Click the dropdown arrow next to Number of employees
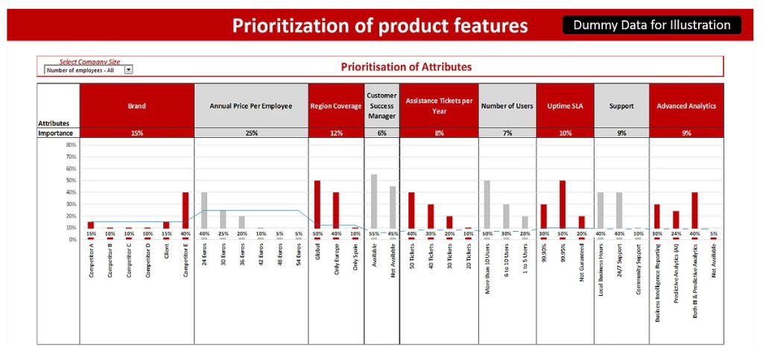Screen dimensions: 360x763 128,70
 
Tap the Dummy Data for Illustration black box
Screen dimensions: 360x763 652,25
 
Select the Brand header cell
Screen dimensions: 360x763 137,106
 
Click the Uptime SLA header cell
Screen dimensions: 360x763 565,106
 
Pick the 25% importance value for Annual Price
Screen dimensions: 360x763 251,133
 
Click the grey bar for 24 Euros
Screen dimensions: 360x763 204,210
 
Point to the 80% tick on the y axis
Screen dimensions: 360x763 71,145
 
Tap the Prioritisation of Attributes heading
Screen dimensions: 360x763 406,66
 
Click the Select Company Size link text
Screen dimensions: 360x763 89,62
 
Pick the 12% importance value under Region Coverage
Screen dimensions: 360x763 336,133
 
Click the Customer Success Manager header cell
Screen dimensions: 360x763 381,106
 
